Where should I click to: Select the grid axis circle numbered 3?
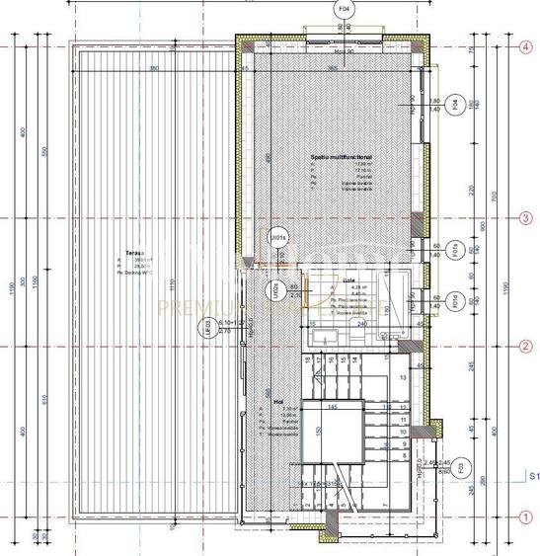pos(526,218)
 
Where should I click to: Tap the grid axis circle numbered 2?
pos(526,346)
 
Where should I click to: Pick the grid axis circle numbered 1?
pos(526,516)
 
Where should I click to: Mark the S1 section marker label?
pos(532,476)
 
